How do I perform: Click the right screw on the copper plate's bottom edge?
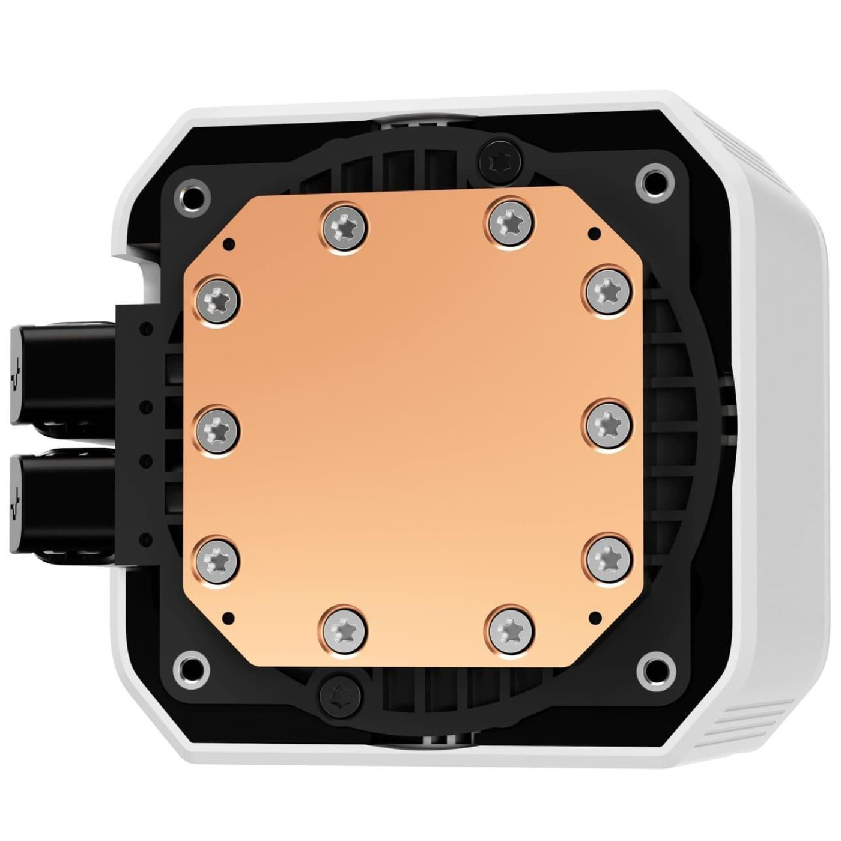(511, 629)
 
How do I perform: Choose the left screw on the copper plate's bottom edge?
(346, 629)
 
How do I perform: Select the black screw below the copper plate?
(341, 695)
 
